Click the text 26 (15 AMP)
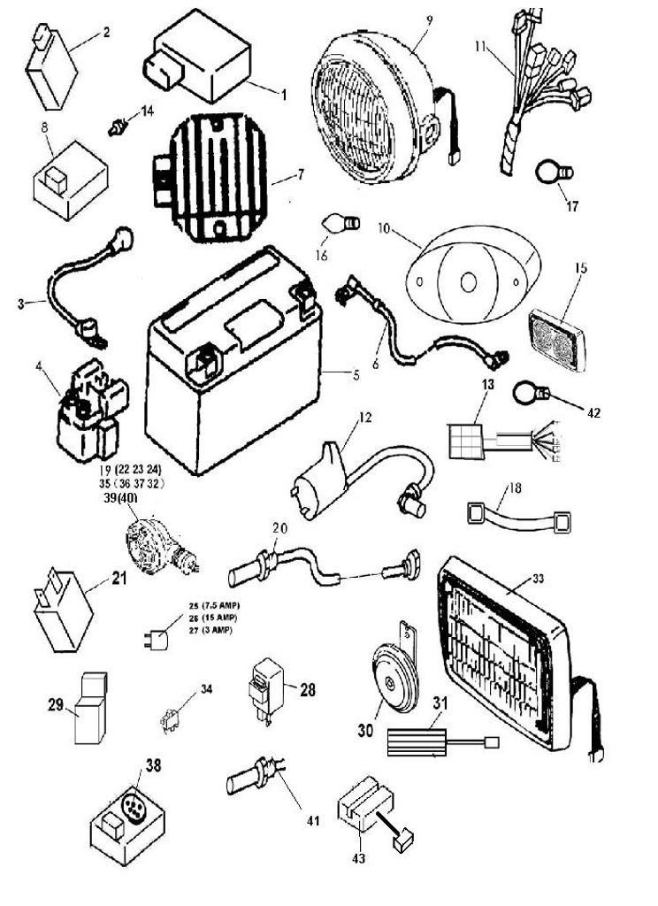(211, 617)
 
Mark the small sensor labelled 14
(116, 127)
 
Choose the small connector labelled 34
(171, 720)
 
